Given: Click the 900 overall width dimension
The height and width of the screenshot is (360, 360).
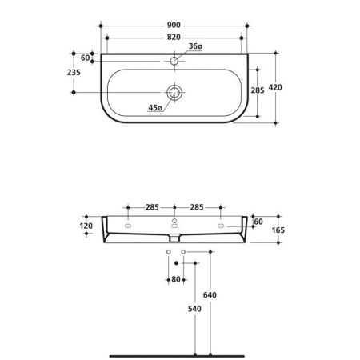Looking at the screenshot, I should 174,23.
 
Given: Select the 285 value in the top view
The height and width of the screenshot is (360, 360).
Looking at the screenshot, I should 258,90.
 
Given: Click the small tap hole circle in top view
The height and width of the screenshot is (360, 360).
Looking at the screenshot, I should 174,60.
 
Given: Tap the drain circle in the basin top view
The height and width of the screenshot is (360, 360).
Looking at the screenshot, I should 174,90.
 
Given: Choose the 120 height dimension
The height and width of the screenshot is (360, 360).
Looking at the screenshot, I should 87,226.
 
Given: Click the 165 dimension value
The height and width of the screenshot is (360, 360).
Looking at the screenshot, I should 278,231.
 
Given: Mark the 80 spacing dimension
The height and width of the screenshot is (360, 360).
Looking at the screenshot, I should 177,279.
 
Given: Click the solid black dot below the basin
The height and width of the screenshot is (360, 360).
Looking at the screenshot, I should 176,262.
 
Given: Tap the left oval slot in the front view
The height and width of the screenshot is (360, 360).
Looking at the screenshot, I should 128,227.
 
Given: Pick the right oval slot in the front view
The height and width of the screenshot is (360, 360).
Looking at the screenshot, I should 221,227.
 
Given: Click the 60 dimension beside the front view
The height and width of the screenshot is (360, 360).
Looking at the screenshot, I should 258,220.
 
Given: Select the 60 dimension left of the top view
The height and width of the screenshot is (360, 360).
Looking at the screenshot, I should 85,58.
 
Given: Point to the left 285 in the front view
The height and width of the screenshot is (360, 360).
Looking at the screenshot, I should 151,208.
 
